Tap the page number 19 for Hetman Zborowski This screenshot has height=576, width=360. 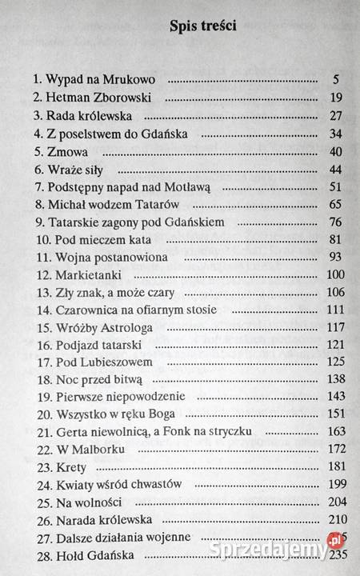[335, 98]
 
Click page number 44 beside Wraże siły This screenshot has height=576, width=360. [335, 169]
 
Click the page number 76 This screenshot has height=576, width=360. [335, 222]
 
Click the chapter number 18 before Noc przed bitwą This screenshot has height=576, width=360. [41, 380]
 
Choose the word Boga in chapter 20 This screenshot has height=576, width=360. [160, 414]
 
